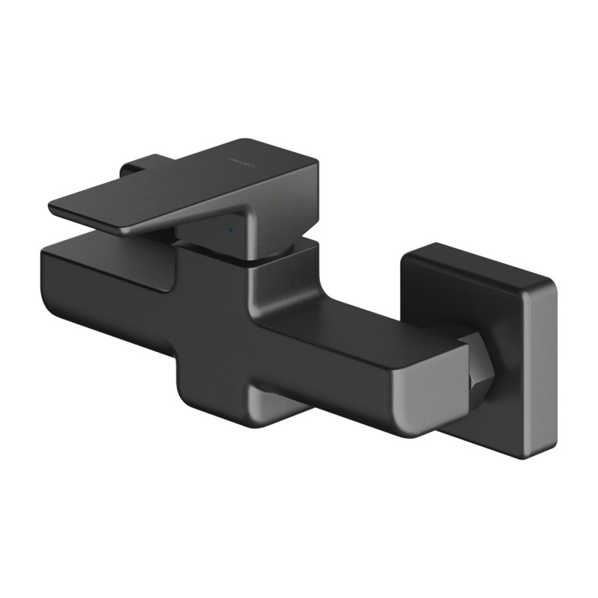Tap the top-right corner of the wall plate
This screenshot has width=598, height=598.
(552, 283)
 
